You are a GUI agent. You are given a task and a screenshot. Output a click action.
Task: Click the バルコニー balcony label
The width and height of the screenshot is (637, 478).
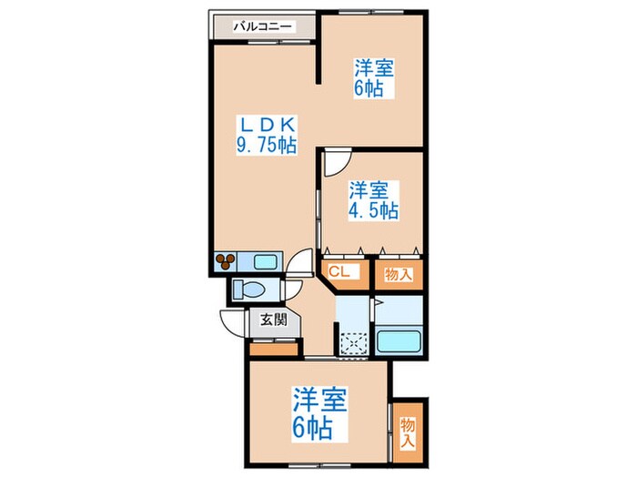click(262, 26)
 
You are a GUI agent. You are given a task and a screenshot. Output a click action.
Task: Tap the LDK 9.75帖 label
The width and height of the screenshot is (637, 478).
click(267, 135)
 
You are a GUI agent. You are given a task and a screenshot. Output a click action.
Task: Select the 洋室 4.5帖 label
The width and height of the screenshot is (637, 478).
click(373, 200)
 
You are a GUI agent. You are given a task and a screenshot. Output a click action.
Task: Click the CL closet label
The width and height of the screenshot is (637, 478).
click(339, 272)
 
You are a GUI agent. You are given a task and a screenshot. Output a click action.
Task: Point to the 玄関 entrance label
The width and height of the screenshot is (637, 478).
click(273, 320)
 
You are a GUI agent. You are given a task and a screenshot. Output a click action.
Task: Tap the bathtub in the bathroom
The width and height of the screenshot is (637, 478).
click(399, 341)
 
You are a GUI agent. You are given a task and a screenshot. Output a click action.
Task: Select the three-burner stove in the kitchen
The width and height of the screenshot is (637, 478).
click(225, 261)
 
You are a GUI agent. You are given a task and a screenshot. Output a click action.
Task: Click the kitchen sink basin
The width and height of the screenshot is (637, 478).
click(266, 261)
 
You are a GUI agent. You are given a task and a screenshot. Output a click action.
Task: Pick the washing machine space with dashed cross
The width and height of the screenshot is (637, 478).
click(354, 345)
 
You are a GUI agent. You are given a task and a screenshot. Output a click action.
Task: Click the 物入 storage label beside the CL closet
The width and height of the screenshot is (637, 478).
click(399, 274)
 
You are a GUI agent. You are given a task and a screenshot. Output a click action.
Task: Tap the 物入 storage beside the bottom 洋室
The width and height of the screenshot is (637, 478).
click(408, 432)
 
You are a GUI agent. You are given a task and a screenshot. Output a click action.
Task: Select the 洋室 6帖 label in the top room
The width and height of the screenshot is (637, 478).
click(374, 78)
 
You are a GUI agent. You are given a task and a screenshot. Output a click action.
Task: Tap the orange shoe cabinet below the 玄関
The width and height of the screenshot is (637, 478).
click(273, 349)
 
